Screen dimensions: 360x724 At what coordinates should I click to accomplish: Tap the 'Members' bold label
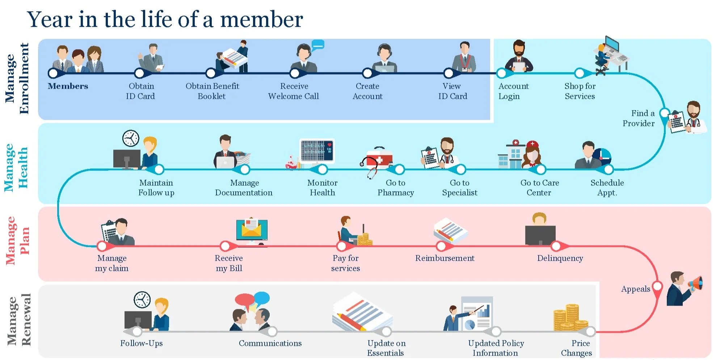pos(68,86)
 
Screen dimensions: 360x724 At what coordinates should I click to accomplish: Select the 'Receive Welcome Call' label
pos(294,91)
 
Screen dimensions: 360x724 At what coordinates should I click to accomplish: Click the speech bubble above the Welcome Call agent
pos(317,45)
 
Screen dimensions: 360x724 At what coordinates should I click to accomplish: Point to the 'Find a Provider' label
pos(639,118)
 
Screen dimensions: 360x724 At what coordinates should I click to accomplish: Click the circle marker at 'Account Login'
pos(501,74)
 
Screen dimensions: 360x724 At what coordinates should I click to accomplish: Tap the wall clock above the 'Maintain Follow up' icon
pos(131,138)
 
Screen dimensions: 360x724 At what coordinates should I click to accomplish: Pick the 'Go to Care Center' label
pos(539,188)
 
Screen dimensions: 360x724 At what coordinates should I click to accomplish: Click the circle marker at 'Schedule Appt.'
pos(609,169)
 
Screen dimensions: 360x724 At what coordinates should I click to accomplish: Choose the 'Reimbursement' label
pos(445,258)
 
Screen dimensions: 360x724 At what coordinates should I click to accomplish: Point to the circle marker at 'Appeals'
pos(657,286)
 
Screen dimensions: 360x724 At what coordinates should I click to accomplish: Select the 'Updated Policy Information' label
pos(496,348)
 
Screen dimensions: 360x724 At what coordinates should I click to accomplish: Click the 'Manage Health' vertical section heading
pos(16,167)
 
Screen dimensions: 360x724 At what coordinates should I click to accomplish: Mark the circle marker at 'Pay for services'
pos(342,246)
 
